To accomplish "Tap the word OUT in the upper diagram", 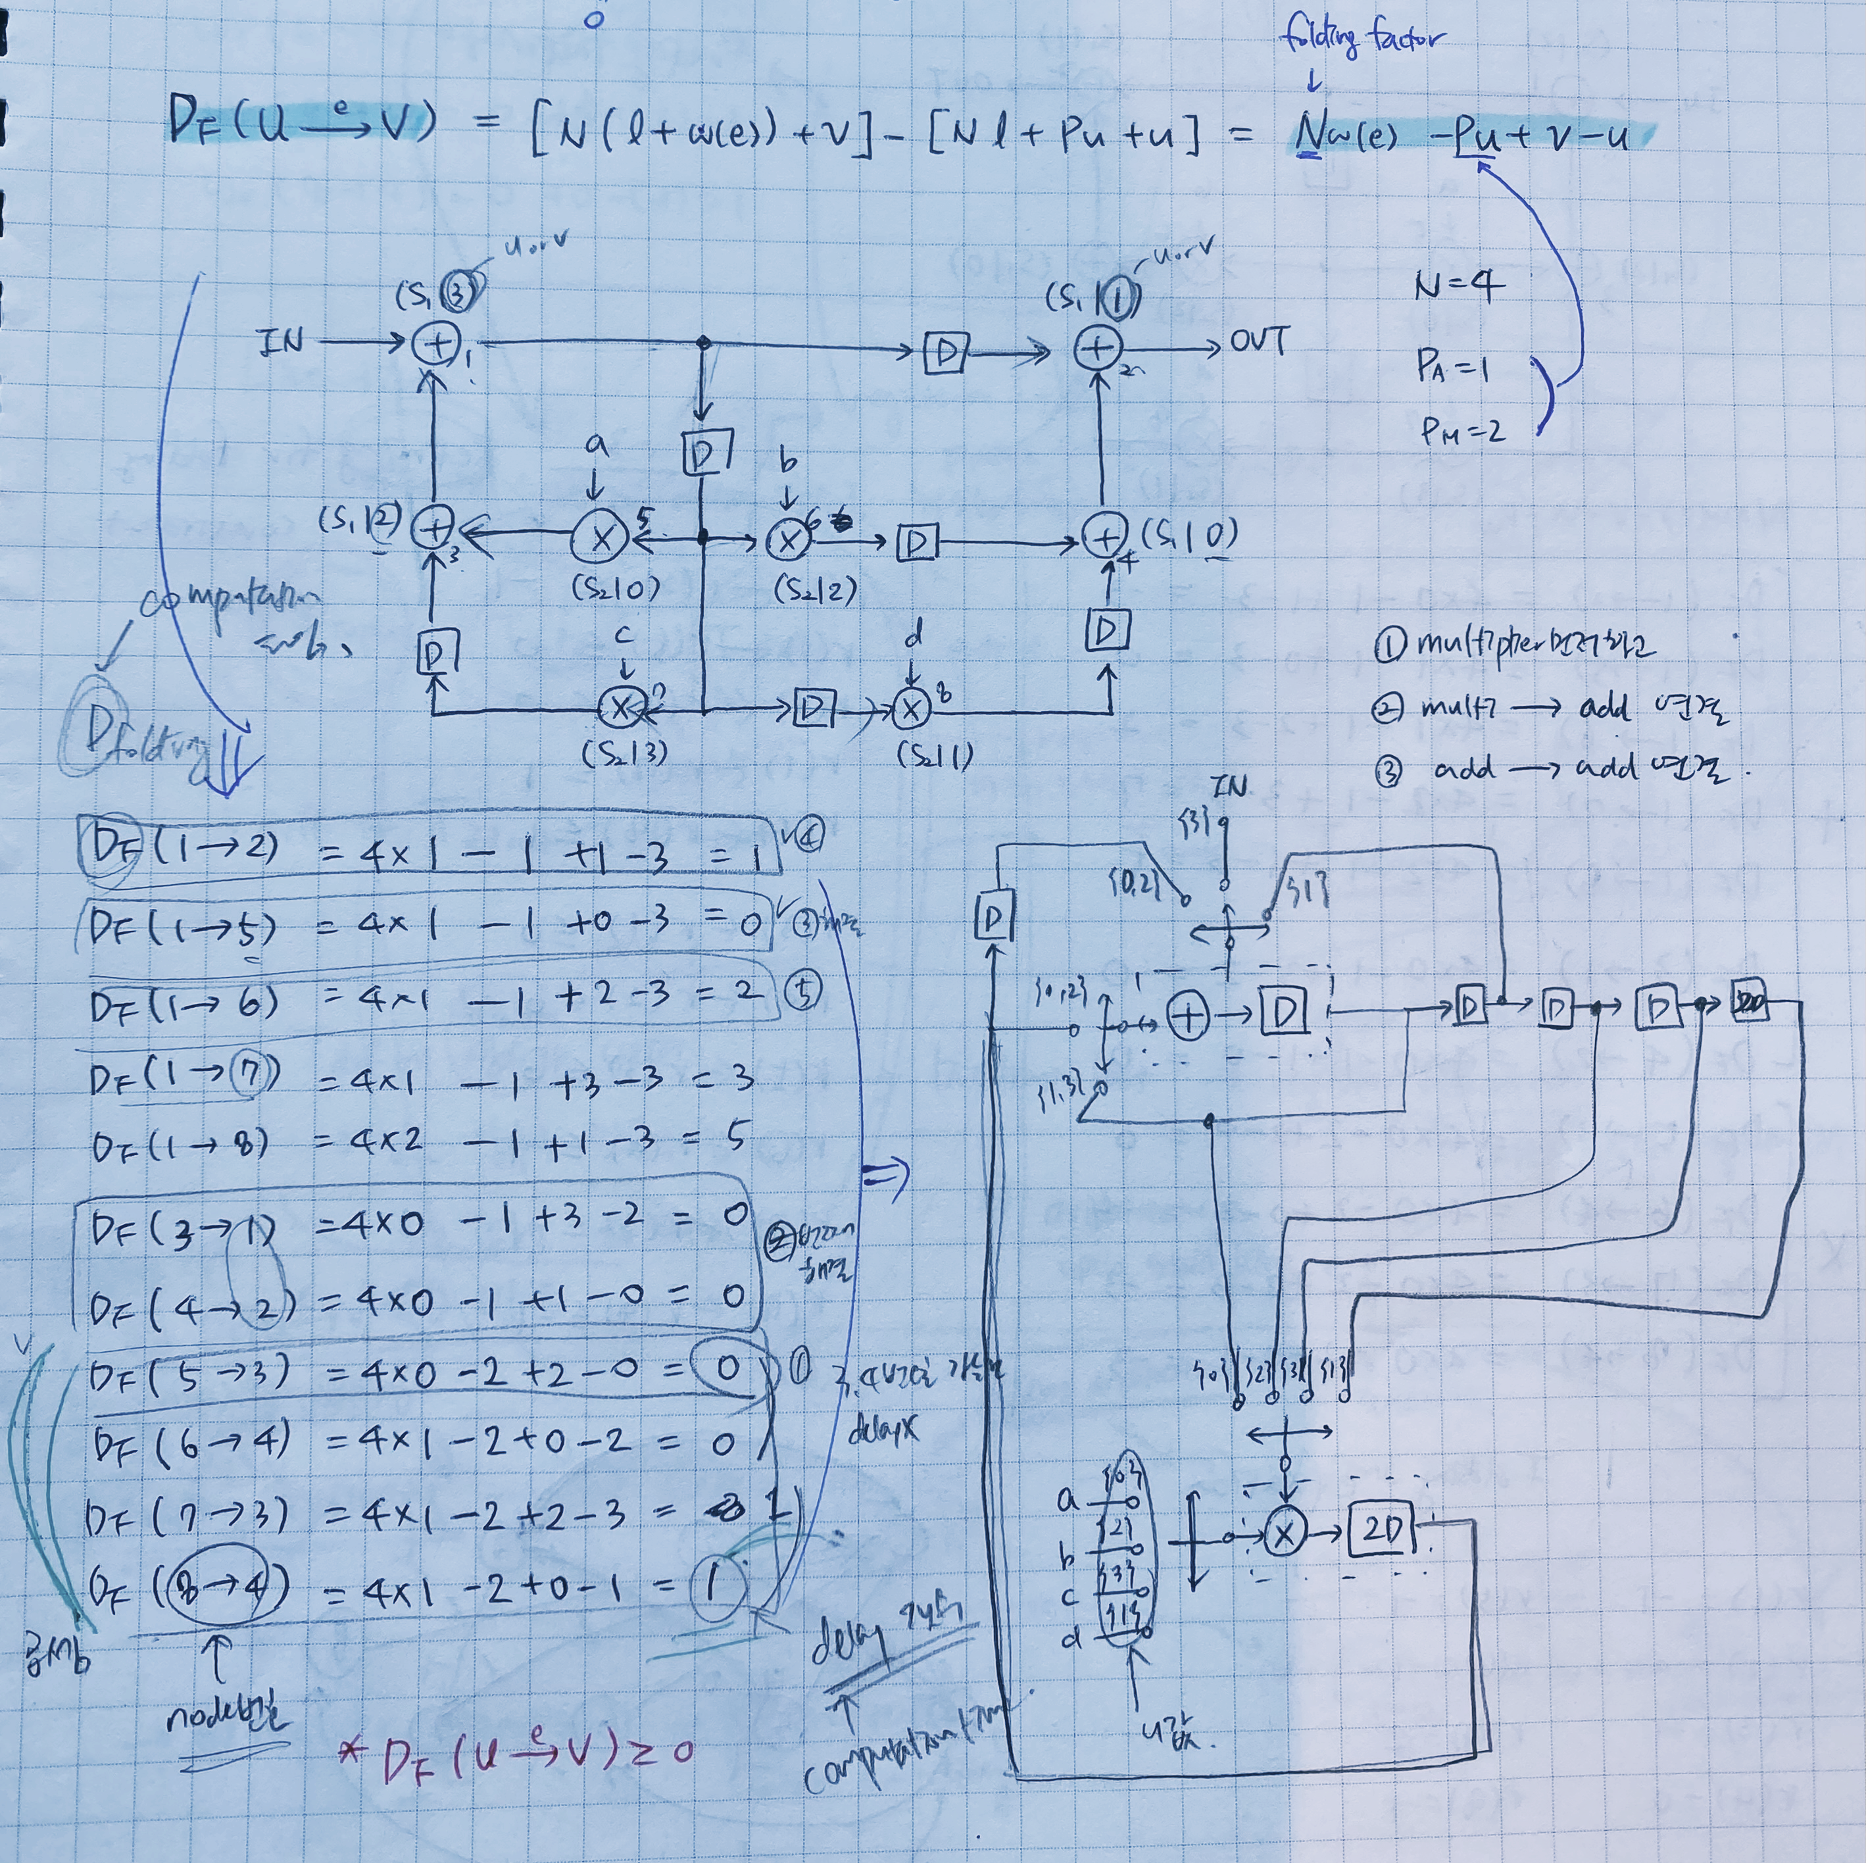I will [x=1258, y=342].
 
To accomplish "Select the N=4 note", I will [x=1458, y=287].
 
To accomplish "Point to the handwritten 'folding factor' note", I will [x=1362, y=39].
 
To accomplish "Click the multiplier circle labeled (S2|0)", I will [x=601, y=539].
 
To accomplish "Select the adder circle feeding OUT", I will [x=1097, y=348].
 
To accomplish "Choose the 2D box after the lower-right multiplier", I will [x=1383, y=1529].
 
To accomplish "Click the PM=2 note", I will [x=1462, y=430].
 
